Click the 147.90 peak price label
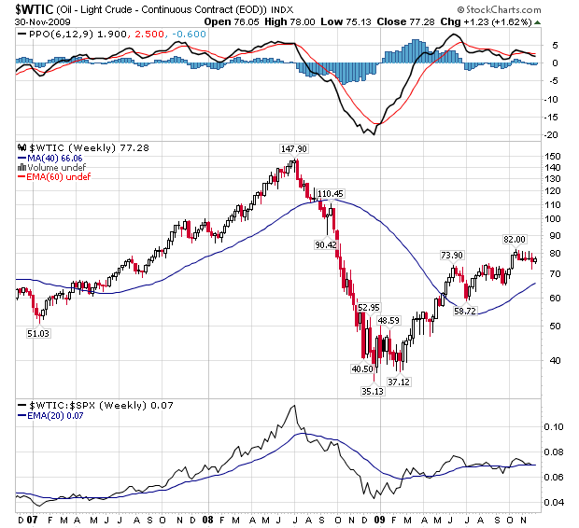pyautogui.click(x=294, y=148)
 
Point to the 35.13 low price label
pyautogui.click(x=373, y=392)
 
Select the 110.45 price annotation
pyautogui.click(x=331, y=193)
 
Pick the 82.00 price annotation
pyautogui.click(x=515, y=239)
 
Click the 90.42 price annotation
pyautogui.click(x=326, y=244)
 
